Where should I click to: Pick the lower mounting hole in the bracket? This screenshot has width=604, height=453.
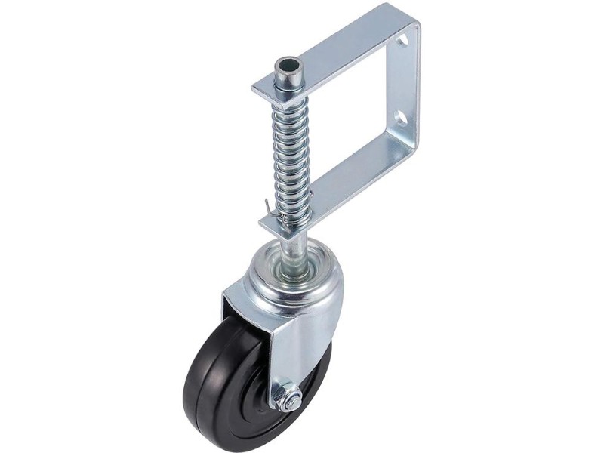pos(401,119)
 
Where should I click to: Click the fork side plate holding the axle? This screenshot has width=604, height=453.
pos(302,347)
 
